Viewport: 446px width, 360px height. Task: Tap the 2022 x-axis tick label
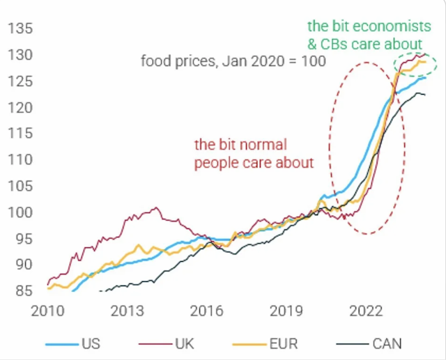click(x=369, y=311)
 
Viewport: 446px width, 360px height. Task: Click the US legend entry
click(x=91, y=343)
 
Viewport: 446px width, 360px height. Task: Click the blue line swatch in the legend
click(x=62, y=343)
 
